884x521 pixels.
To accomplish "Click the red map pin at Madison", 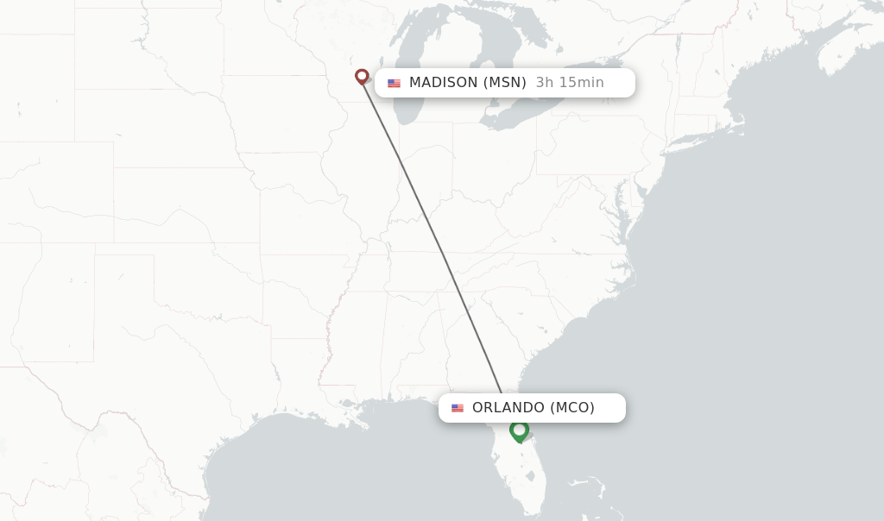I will tap(362, 77).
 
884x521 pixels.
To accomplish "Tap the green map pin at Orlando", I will tap(519, 430).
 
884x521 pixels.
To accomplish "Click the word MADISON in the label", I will tap(443, 83).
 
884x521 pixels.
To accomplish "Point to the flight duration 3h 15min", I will tap(570, 83).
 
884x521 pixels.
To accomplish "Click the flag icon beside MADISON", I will tap(394, 84).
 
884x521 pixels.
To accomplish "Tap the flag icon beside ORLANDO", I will tap(458, 408).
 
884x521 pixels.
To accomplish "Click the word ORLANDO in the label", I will tap(508, 408).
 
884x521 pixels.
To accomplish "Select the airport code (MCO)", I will tap(572, 408).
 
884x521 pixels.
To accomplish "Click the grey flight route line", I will tap(432, 233).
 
